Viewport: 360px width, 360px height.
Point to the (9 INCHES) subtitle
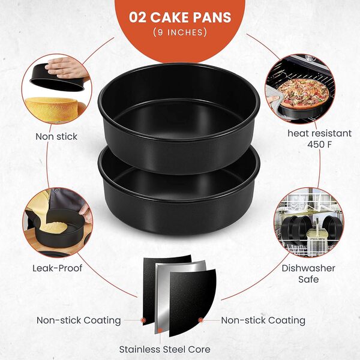click(180, 32)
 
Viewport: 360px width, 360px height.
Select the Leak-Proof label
click(56, 268)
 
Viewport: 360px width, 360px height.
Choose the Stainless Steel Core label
click(164, 349)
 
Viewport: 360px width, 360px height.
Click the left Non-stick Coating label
click(79, 320)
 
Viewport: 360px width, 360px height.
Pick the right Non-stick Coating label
click(263, 320)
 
